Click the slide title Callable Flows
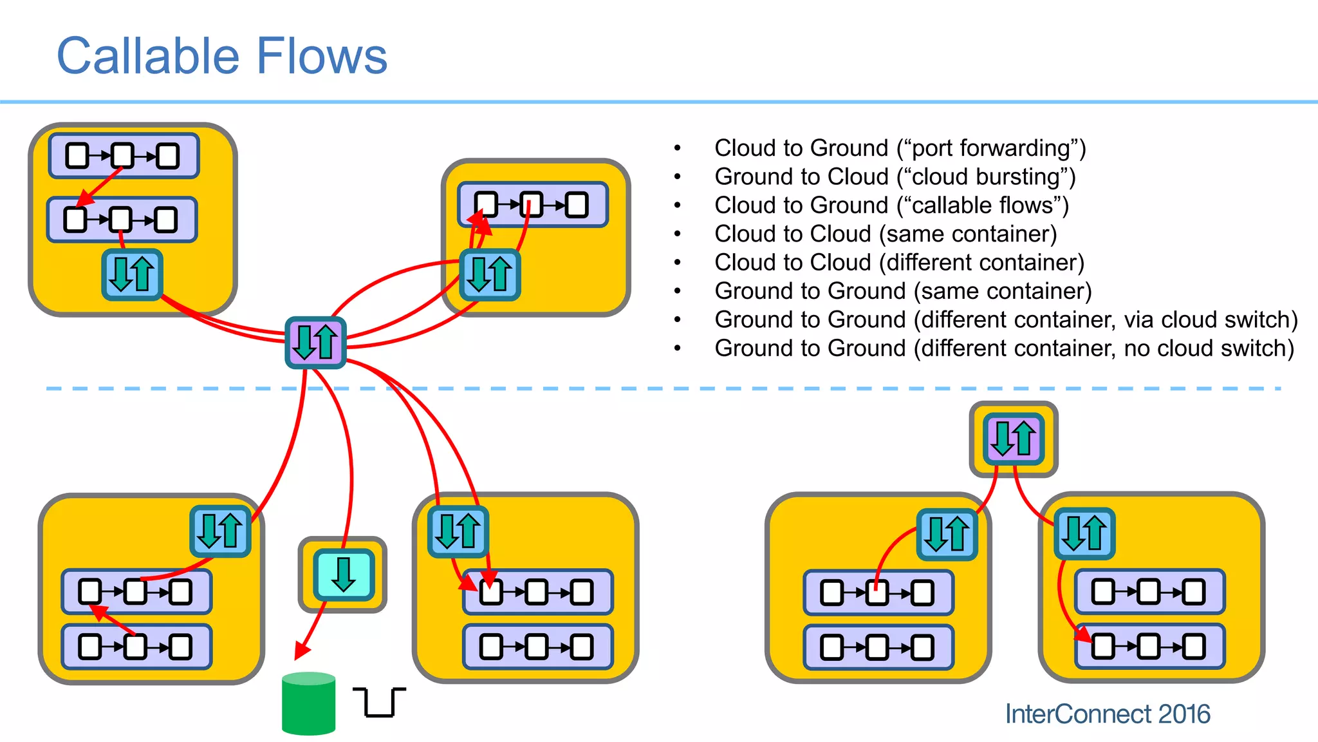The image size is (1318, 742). point(222,57)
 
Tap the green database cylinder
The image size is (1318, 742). point(308,704)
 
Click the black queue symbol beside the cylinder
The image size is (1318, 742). point(379,702)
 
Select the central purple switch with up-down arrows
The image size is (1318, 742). point(315,343)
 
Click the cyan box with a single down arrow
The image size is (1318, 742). point(344,575)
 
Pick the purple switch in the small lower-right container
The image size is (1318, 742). point(1013,439)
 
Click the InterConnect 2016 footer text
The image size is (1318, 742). point(1107,714)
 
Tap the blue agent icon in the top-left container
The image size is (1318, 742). point(132,275)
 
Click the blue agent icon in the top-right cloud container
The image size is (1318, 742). point(490,275)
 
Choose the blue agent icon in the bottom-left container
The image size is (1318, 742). point(220,531)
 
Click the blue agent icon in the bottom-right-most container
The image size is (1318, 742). point(1084,533)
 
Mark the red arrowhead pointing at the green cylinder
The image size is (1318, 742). point(301,652)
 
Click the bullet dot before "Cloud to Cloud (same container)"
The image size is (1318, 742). point(677,234)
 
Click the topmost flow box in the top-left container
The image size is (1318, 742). point(124,156)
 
